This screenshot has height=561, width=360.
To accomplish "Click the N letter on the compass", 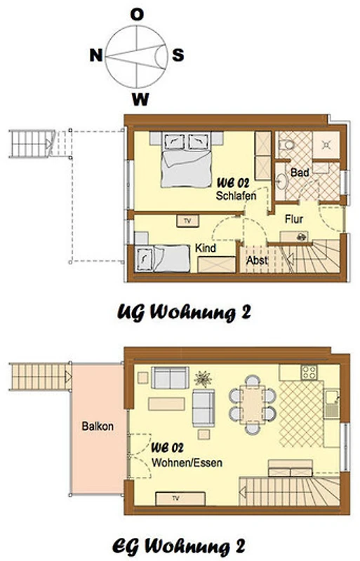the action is tap(96, 55).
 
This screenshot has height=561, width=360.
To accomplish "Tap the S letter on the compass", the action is tap(178, 55).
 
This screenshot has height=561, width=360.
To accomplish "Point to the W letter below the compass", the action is tap(140, 99).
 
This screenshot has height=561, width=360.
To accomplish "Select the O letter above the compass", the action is tap(137, 15).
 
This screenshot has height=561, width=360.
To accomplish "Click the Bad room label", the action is tap(300, 173).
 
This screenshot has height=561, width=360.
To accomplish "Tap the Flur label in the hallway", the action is tap(294, 219).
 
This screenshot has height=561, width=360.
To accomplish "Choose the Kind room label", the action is tap(206, 248).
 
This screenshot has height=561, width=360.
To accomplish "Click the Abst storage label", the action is tap(258, 260).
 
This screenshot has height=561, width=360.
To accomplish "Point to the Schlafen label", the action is tap(236, 196).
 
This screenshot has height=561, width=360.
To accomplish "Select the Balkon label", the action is tap(98, 426).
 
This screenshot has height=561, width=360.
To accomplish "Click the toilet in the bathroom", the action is tap(286, 145).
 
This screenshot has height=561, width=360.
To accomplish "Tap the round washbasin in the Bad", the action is tap(281, 182).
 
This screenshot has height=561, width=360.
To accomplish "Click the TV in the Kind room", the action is tap(187, 221).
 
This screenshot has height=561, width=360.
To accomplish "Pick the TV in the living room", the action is tap(180, 499).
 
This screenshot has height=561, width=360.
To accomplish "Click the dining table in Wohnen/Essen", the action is tap(253, 405).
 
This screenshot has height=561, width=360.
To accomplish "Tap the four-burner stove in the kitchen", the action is tap(309, 372).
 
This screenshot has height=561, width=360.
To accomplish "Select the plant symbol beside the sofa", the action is tap(203, 379).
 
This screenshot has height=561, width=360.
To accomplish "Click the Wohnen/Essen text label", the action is tap(187, 463).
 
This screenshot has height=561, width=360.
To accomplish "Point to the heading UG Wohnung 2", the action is tap(184, 313).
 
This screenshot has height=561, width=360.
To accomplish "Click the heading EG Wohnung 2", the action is tap(179, 547).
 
